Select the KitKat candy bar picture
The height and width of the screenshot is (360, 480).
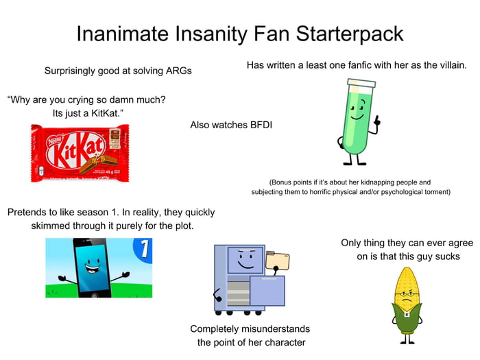tap(80, 152)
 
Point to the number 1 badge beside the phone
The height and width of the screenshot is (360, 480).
tap(143, 249)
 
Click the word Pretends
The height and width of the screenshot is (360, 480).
tap(29, 213)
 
